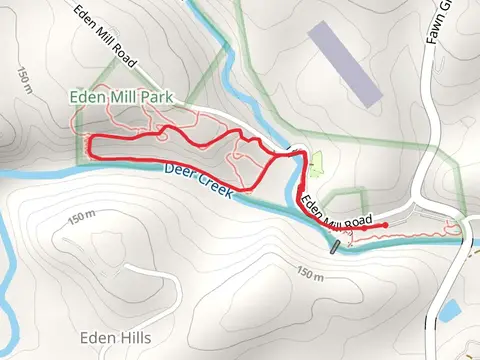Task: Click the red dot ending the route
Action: point(385,226)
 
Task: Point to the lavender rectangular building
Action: point(345,64)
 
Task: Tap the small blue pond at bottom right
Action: point(449,310)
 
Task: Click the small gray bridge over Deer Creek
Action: point(336,242)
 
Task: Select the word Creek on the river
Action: point(212,186)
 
